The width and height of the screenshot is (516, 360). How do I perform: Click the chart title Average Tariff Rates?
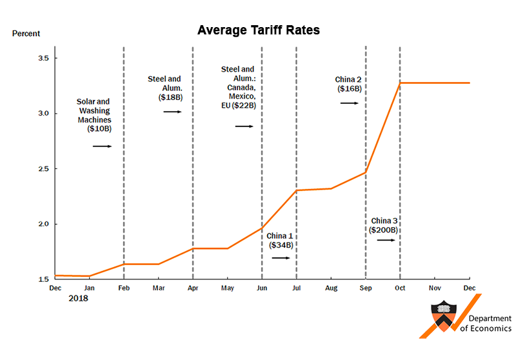[x=258, y=30]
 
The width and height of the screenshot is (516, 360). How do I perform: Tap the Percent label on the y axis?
[x=26, y=34]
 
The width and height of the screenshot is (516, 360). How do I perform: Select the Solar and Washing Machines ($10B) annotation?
[x=94, y=115]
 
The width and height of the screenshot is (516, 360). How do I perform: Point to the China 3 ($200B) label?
[x=384, y=225]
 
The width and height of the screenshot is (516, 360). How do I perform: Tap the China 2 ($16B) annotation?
[x=349, y=85]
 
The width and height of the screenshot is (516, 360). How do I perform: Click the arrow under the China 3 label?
[x=385, y=240]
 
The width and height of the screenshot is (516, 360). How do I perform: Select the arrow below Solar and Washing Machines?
[x=102, y=146]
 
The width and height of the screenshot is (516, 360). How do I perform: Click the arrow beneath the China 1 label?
[x=281, y=257]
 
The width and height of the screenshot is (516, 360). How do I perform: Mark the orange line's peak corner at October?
[x=400, y=83]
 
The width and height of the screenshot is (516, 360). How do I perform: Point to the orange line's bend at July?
[x=296, y=190]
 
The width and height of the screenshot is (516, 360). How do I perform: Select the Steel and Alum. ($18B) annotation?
[x=164, y=88]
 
